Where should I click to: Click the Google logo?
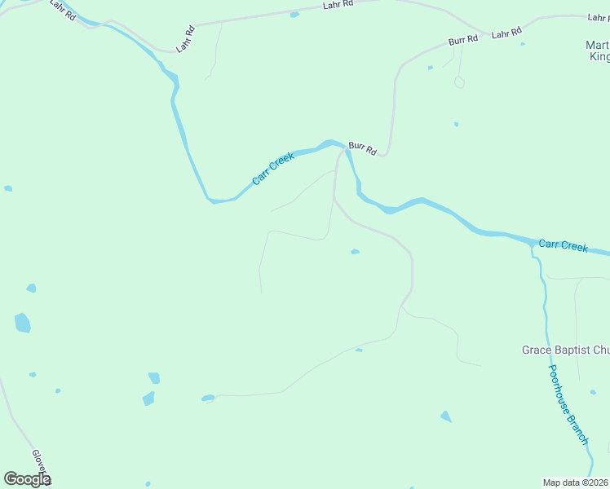click(x=27, y=479)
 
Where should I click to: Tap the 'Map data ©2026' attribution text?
click(x=575, y=482)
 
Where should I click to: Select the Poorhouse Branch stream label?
click(x=568, y=404)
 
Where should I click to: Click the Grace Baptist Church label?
click(x=565, y=350)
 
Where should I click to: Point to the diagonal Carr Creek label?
click(x=272, y=170)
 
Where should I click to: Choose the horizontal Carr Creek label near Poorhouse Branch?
click(x=563, y=245)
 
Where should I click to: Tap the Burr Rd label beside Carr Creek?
click(x=362, y=148)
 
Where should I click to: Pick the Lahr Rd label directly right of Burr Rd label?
click(x=506, y=33)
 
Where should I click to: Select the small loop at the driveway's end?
click(x=459, y=82)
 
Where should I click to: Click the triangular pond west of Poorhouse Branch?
click(x=445, y=416)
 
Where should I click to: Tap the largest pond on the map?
click(x=22, y=323)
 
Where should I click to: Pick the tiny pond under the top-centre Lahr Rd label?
click(x=294, y=15)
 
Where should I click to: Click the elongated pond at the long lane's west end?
click(x=208, y=399)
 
